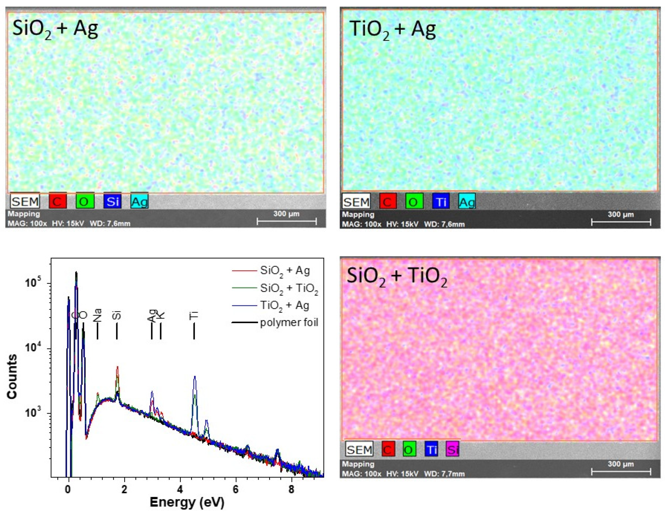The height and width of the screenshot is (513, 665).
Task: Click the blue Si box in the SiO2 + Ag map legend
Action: coord(112,201)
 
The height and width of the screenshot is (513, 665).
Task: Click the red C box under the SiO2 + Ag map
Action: coord(58,201)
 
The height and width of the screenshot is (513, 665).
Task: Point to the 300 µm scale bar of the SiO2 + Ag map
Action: coord(286,221)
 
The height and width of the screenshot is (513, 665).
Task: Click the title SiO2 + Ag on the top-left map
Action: coord(55,30)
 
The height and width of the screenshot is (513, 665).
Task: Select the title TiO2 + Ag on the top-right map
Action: coord(393,30)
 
